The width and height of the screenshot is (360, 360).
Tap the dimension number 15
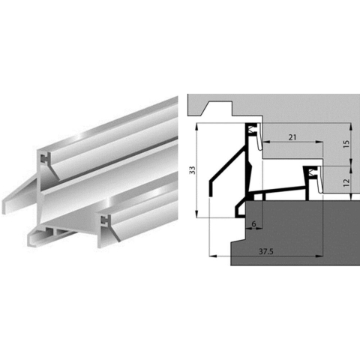(x=347, y=142)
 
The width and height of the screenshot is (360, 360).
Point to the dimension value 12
(x=347, y=181)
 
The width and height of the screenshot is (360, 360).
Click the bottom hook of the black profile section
(x=241, y=208)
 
